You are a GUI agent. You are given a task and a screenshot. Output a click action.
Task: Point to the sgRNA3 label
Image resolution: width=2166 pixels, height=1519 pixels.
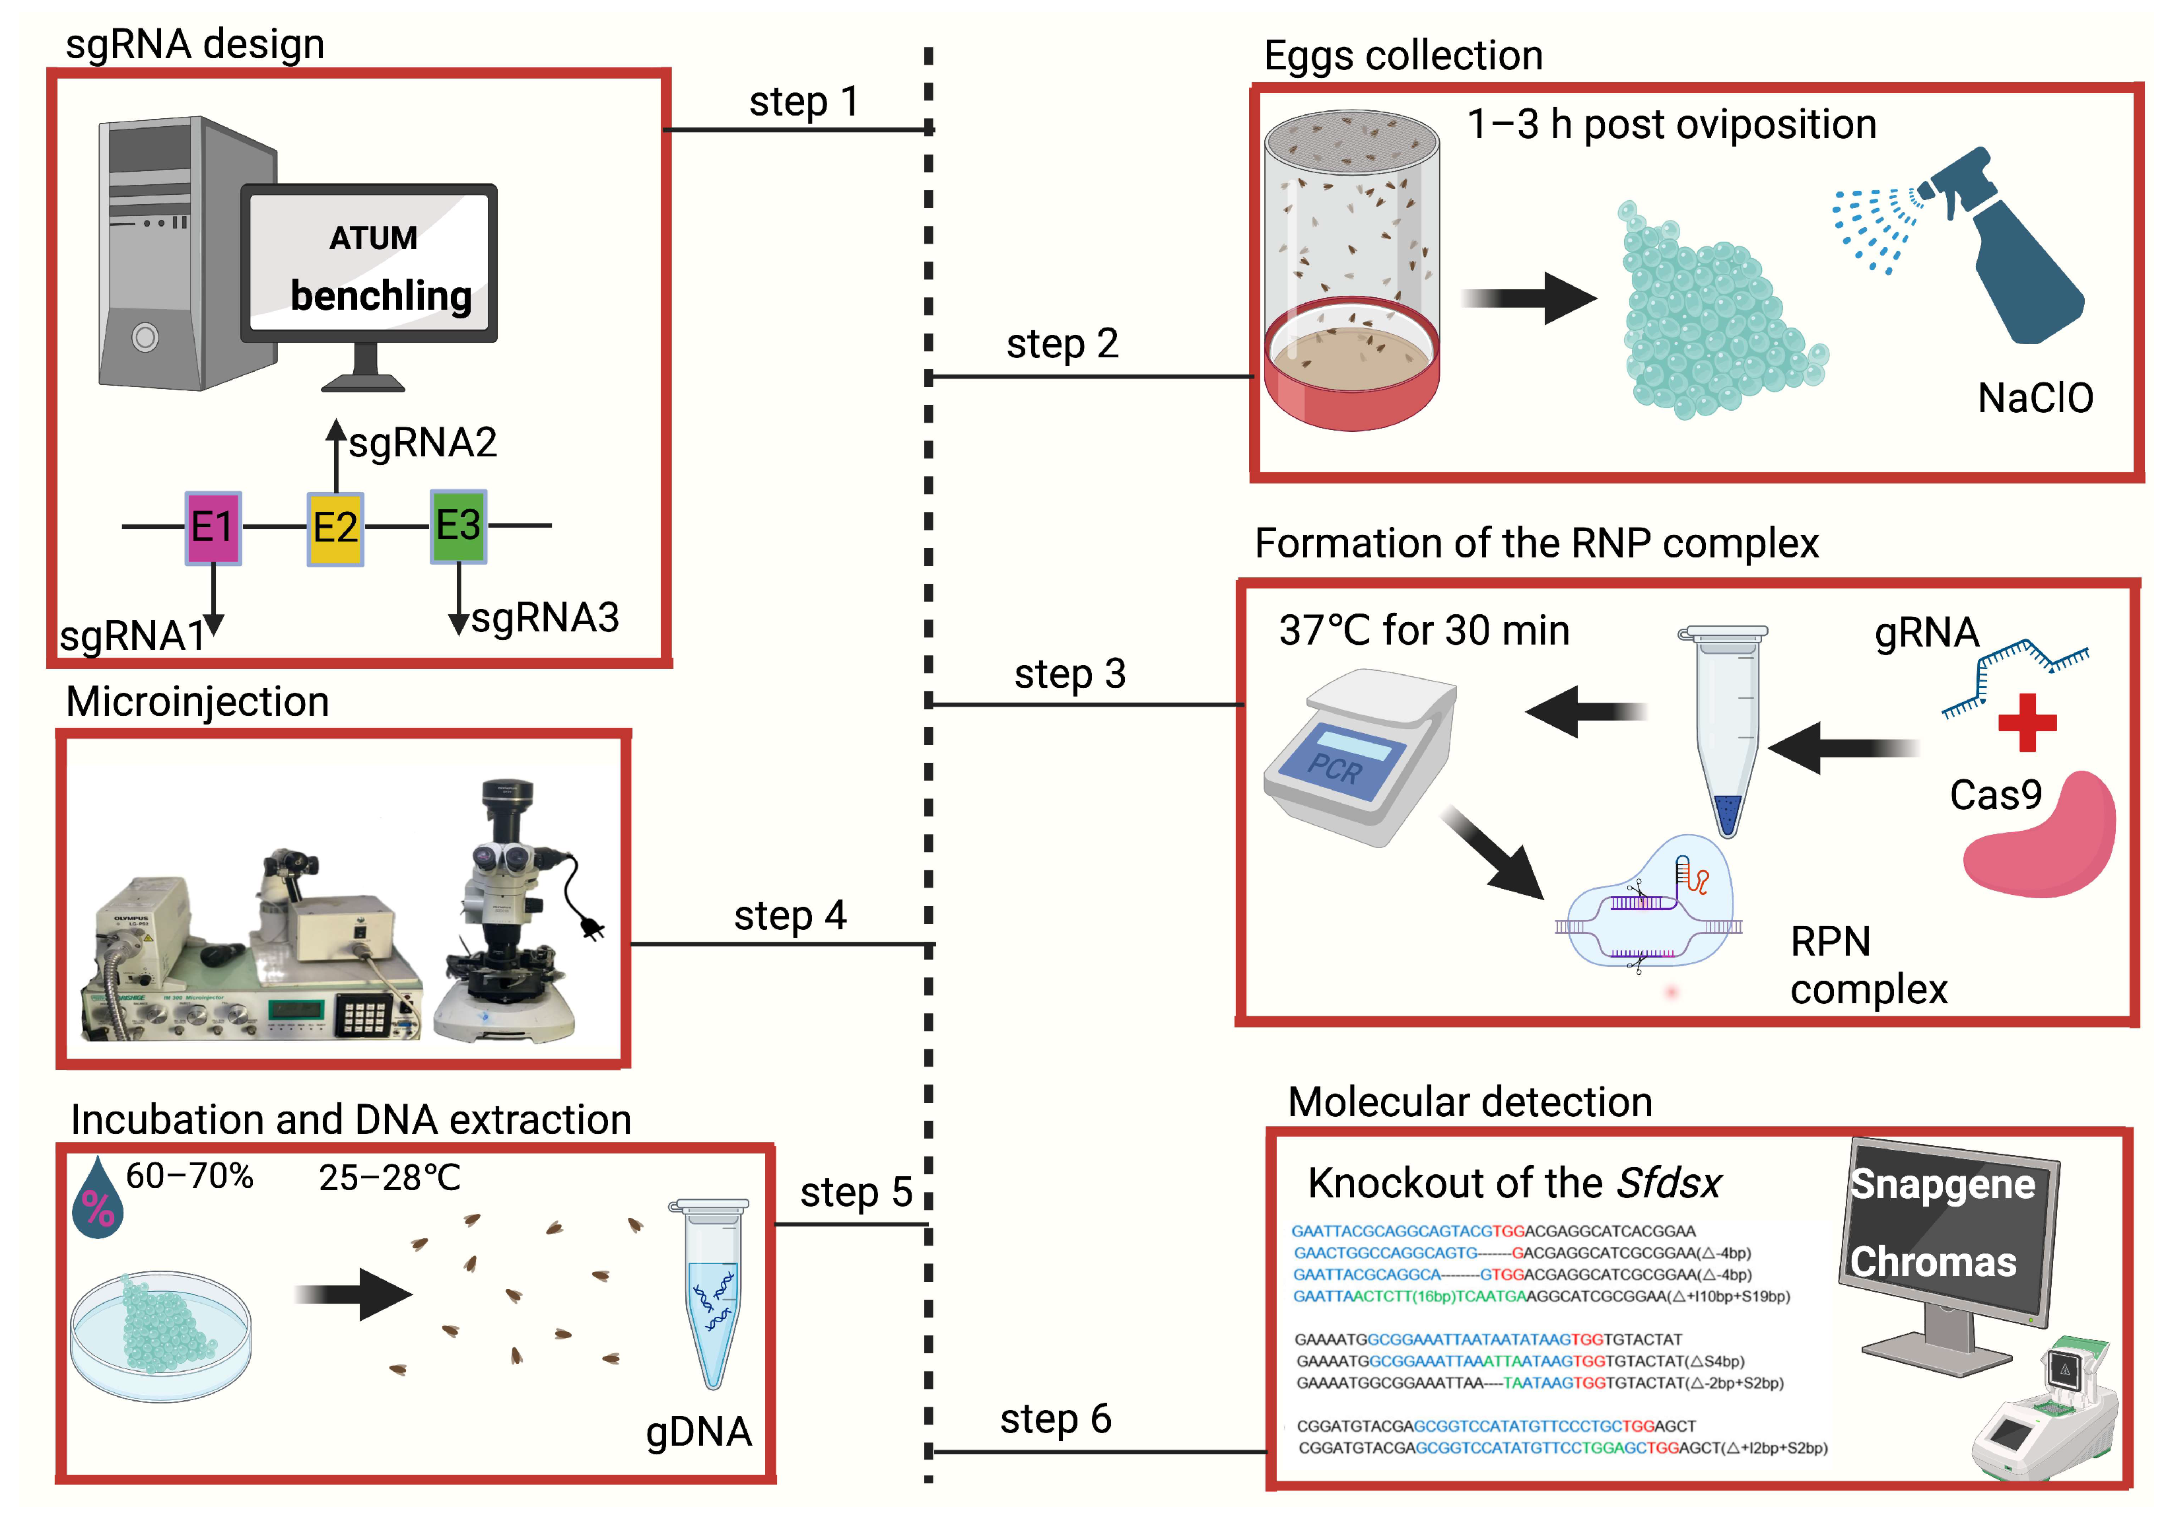click(x=545, y=618)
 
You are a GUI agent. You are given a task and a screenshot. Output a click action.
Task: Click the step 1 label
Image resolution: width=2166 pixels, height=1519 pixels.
click(x=804, y=102)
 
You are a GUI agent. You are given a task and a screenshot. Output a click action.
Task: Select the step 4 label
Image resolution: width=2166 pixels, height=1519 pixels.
click(x=791, y=916)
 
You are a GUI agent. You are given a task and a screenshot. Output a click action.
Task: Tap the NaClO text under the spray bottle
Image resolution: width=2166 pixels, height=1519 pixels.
click(x=2035, y=398)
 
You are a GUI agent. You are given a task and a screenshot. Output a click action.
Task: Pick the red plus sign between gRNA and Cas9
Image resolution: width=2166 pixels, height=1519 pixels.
click(x=2027, y=723)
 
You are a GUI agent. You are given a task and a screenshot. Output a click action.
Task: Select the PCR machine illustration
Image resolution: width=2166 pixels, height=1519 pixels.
click(x=1359, y=755)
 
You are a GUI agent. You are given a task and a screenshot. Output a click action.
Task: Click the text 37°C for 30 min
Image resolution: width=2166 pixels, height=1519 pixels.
click(x=1423, y=630)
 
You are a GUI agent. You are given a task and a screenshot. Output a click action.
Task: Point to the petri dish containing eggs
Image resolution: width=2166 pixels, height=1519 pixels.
click(x=160, y=1335)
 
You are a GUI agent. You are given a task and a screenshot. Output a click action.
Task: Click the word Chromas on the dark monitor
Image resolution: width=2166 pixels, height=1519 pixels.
click(x=1933, y=1262)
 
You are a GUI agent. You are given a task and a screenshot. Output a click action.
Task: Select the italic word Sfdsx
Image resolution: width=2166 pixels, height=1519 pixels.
click(x=1669, y=1183)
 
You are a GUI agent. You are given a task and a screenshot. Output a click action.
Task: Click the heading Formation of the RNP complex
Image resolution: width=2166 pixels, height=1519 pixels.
click(x=1536, y=544)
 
